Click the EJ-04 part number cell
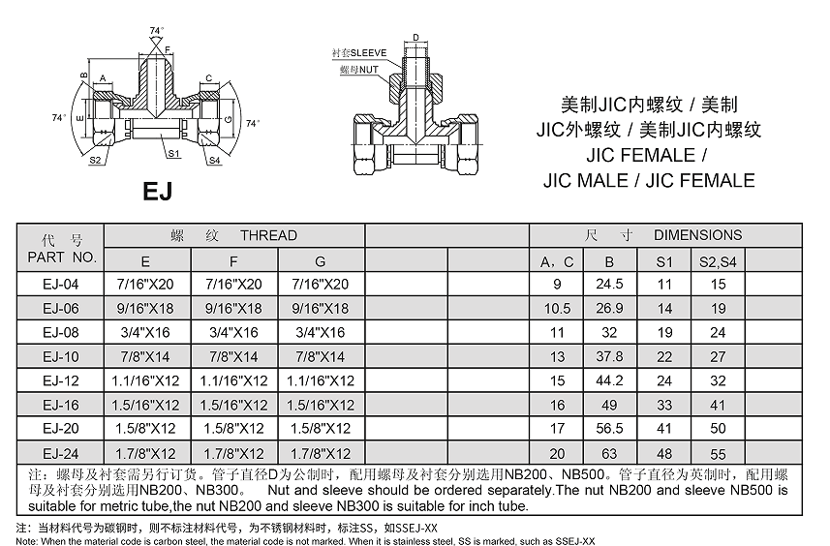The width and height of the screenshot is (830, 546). (60, 284)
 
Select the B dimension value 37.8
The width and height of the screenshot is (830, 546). (609, 356)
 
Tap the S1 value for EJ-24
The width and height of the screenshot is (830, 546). (664, 453)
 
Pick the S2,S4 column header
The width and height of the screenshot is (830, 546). (718, 262)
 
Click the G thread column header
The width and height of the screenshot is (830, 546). (321, 262)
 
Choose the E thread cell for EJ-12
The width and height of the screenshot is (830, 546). (145, 380)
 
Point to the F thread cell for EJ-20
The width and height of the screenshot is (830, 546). (233, 428)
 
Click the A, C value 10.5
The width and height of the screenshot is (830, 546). (557, 309)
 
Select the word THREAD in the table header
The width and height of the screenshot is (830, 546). (269, 235)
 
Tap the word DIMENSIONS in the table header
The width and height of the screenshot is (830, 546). (697, 235)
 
